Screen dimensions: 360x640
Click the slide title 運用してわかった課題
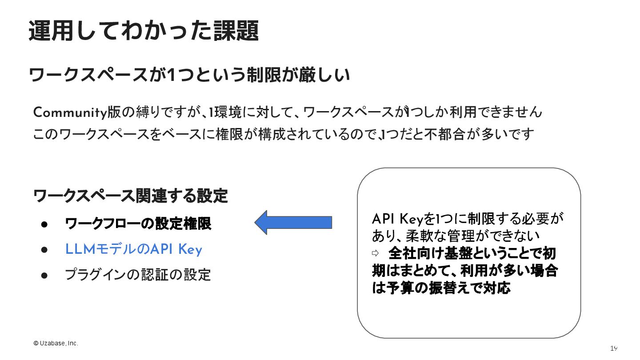click(x=144, y=31)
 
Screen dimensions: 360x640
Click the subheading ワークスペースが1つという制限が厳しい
click(x=189, y=75)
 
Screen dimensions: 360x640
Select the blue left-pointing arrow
click(x=293, y=222)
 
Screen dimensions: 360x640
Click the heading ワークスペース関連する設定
click(x=131, y=196)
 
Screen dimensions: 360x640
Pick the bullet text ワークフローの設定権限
click(x=138, y=224)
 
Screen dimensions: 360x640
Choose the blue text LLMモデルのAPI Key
click(x=133, y=250)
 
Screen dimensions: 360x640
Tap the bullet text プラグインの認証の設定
click(x=138, y=275)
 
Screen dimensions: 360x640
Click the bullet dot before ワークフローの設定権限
click(x=44, y=224)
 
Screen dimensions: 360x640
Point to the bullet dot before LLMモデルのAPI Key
click(x=44, y=250)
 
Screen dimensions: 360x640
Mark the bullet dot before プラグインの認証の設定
click(x=44, y=275)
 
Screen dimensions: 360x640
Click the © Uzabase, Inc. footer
click(x=56, y=344)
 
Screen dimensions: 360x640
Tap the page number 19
click(x=614, y=348)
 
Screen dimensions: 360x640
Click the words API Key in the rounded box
click(x=397, y=219)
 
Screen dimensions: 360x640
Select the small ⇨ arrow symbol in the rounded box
click(x=375, y=253)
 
